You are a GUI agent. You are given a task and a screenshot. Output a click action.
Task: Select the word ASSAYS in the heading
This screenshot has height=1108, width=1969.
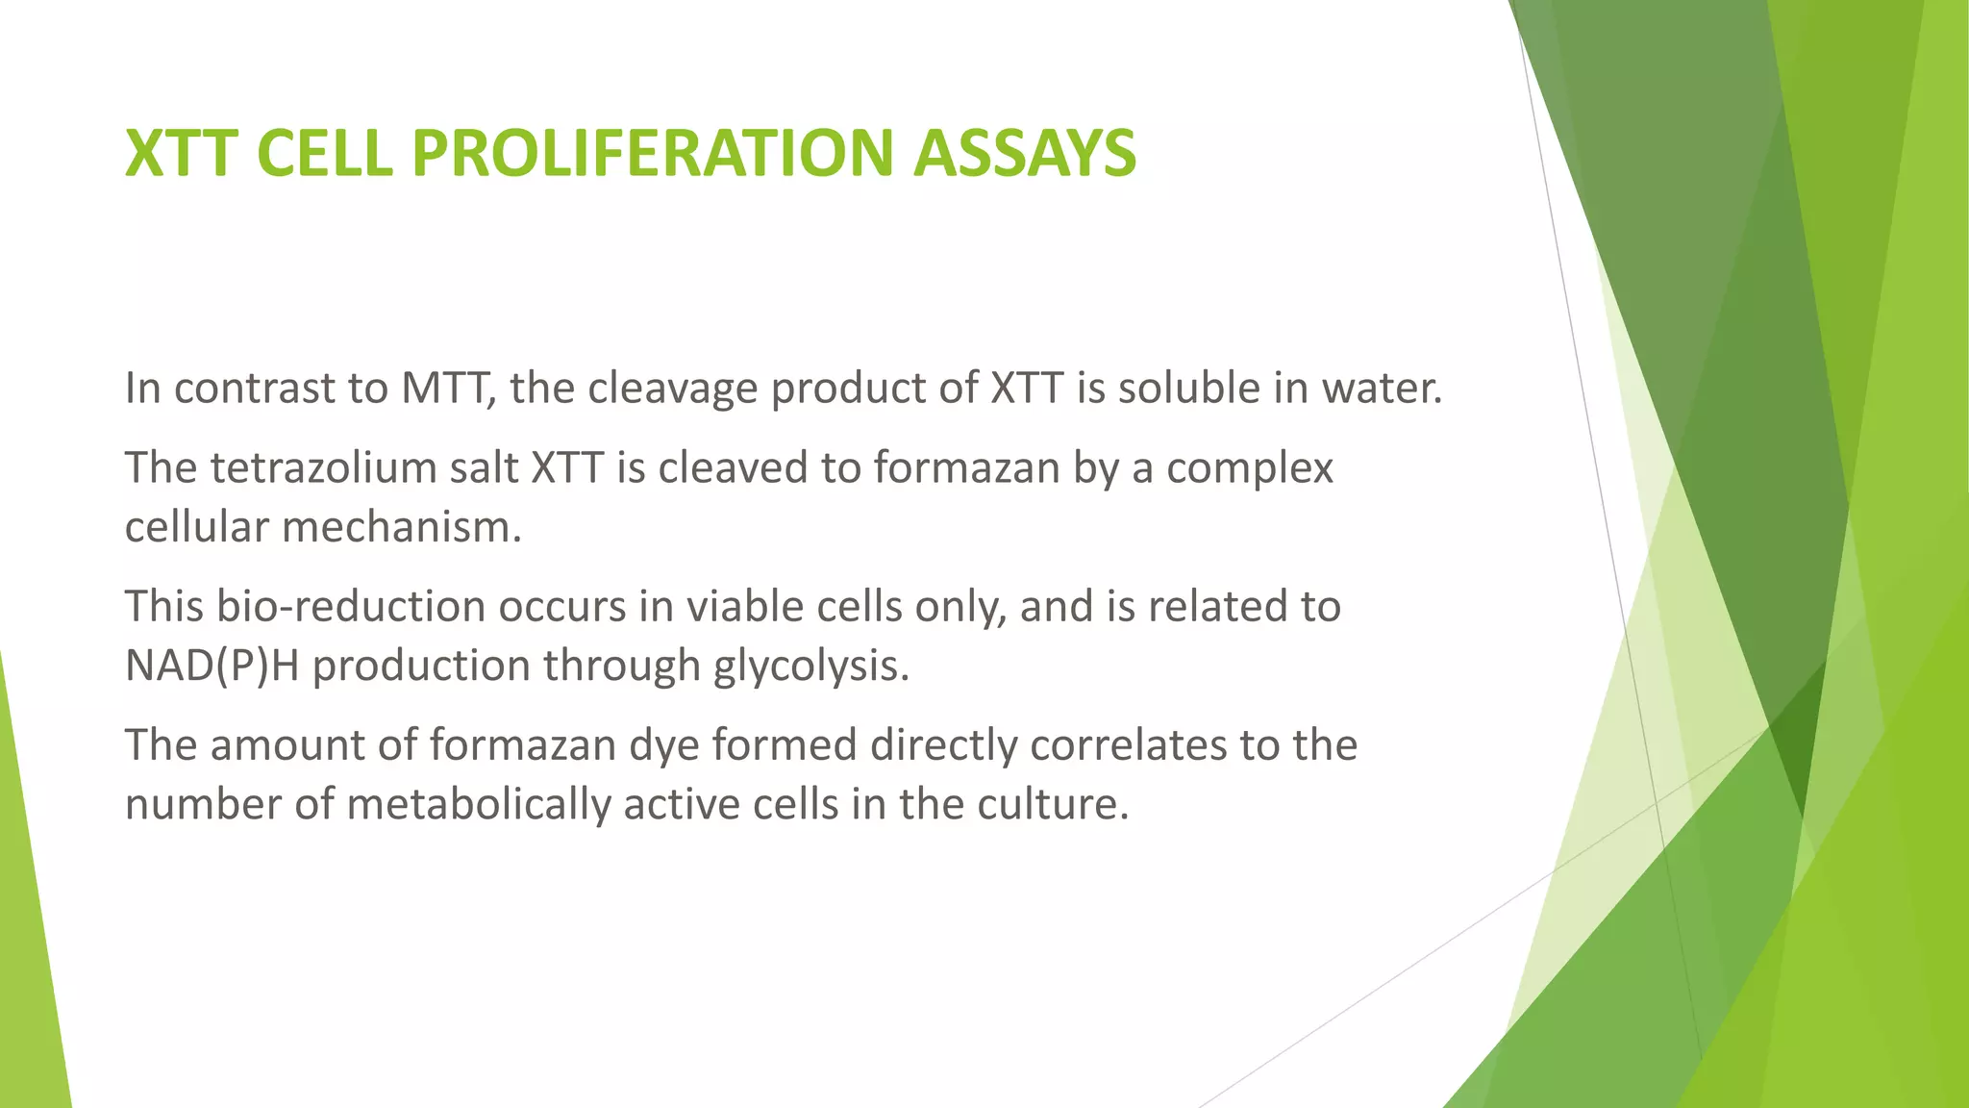(x=1025, y=154)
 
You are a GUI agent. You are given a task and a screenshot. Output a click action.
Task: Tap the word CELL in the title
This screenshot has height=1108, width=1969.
(x=325, y=154)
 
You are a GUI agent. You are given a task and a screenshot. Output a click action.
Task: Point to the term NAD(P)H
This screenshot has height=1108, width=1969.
(x=212, y=667)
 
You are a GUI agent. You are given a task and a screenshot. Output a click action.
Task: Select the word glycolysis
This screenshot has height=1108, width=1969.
(x=810, y=667)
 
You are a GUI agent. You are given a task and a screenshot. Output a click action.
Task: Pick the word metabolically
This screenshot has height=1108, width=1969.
(x=478, y=805)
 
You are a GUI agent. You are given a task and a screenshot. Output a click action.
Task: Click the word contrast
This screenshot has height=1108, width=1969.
(x=254, y=389)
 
